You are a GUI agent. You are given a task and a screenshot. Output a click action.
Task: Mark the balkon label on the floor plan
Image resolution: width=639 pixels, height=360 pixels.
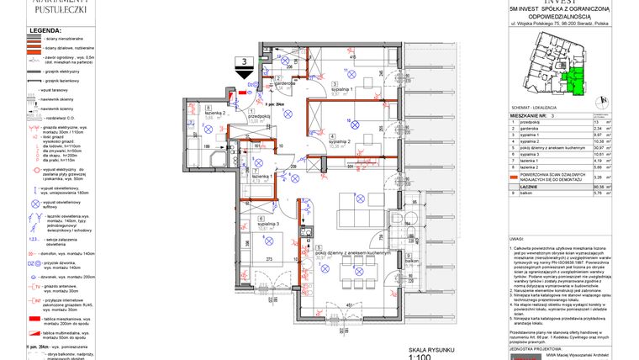tap(411, 262)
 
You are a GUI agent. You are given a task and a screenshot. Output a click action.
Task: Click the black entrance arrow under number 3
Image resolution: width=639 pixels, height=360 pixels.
tap(245, 74)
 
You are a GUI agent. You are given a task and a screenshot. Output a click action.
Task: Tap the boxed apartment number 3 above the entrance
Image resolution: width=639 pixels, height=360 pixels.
tap(245, 61)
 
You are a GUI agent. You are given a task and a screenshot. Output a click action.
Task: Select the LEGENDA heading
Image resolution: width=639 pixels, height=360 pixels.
tap(45, 30)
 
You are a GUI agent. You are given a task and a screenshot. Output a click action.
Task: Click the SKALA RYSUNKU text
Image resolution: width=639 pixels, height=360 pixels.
tap(432, 348)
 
